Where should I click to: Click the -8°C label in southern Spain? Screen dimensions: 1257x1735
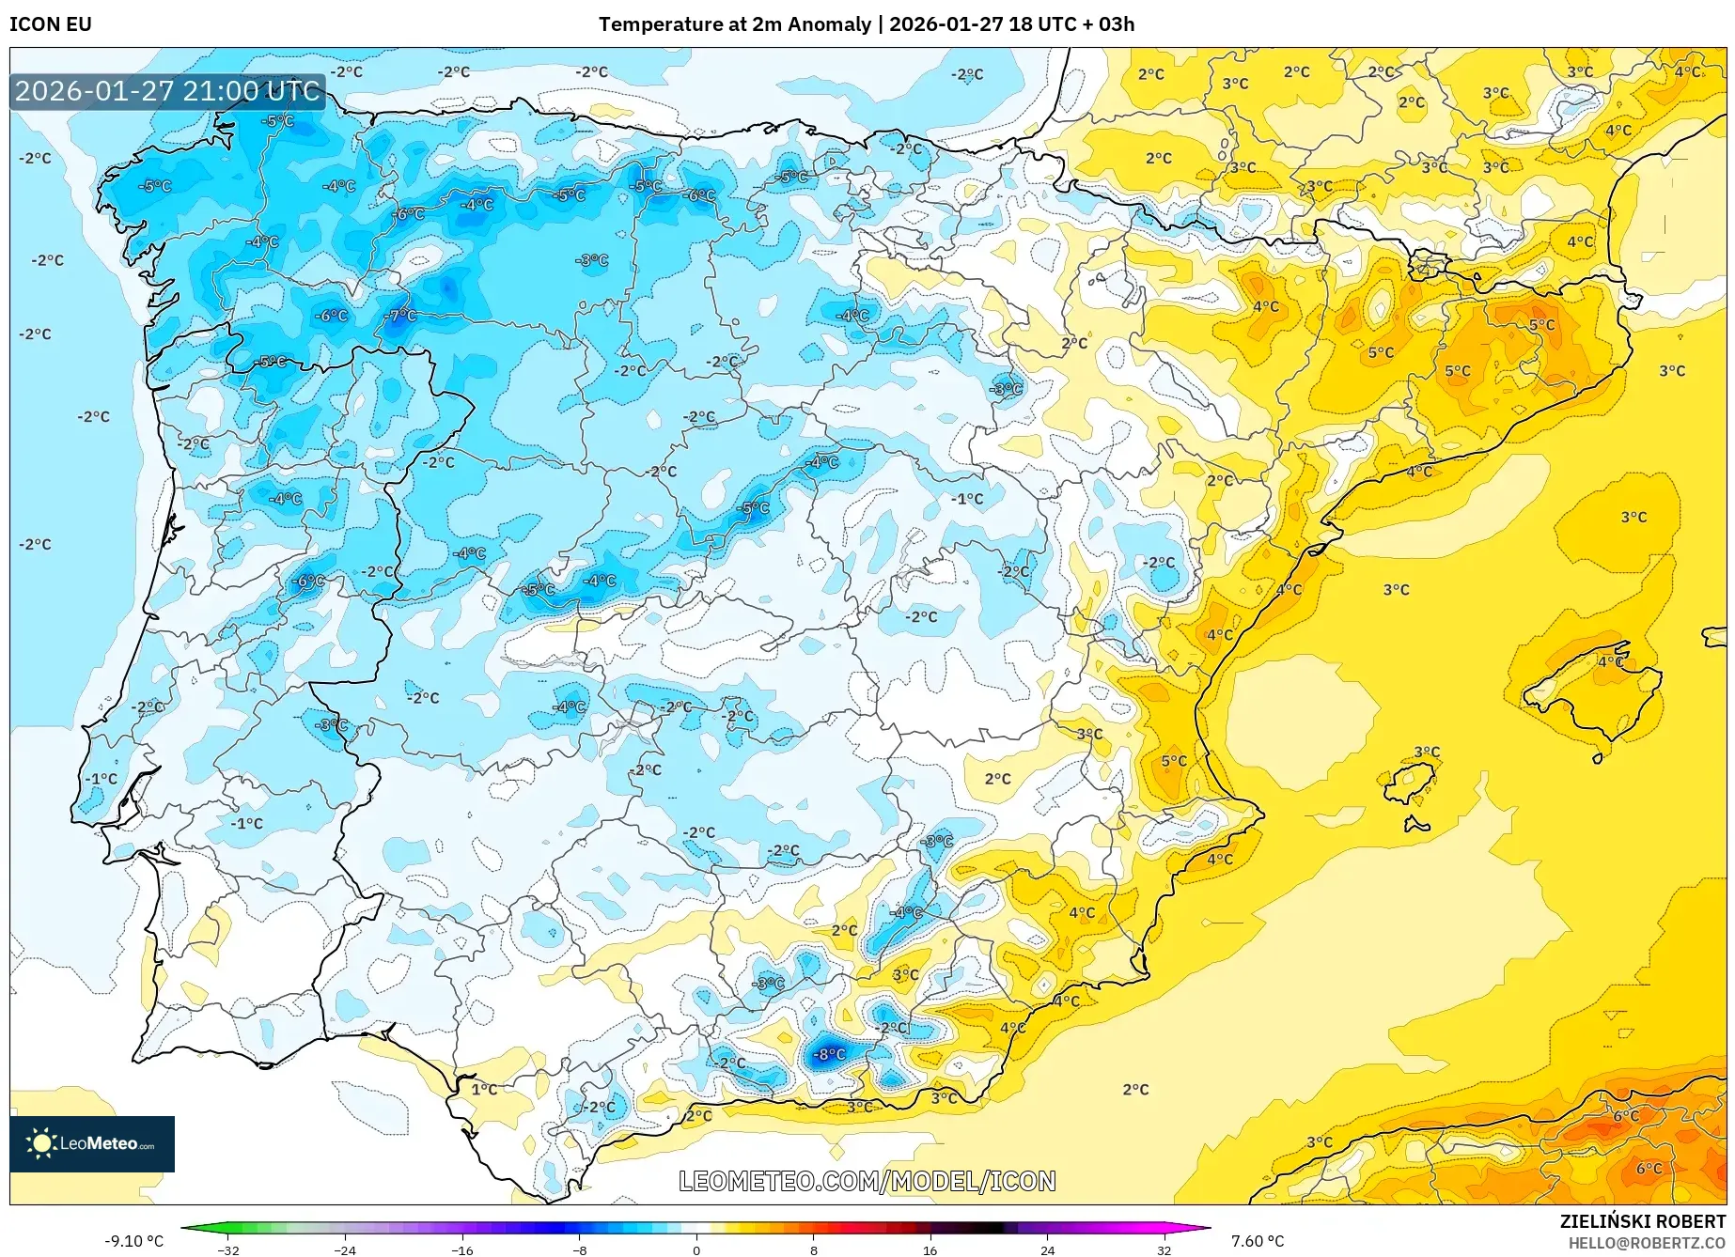829,1054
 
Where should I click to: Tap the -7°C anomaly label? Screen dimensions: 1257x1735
400,315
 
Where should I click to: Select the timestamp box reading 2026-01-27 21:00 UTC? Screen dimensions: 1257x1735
167,91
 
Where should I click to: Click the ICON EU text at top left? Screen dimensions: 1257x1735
51,24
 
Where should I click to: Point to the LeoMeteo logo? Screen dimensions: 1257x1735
92,1143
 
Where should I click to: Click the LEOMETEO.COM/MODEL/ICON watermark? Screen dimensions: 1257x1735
867,1181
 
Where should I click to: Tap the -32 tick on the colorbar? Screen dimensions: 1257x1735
228,1249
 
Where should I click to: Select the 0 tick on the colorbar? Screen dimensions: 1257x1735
696,1249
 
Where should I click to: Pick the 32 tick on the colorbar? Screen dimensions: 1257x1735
1164,1249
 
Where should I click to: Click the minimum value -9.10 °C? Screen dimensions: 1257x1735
133,1241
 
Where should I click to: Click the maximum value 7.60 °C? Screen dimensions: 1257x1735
1257,1241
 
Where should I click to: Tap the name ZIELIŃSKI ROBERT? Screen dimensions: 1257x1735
1642,1222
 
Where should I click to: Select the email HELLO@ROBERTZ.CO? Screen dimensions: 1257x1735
1646,1243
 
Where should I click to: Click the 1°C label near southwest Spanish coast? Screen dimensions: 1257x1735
484,1089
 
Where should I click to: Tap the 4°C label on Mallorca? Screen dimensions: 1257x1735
1610,661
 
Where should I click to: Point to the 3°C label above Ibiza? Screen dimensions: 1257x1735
1427,752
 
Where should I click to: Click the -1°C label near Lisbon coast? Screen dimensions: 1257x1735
102,779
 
